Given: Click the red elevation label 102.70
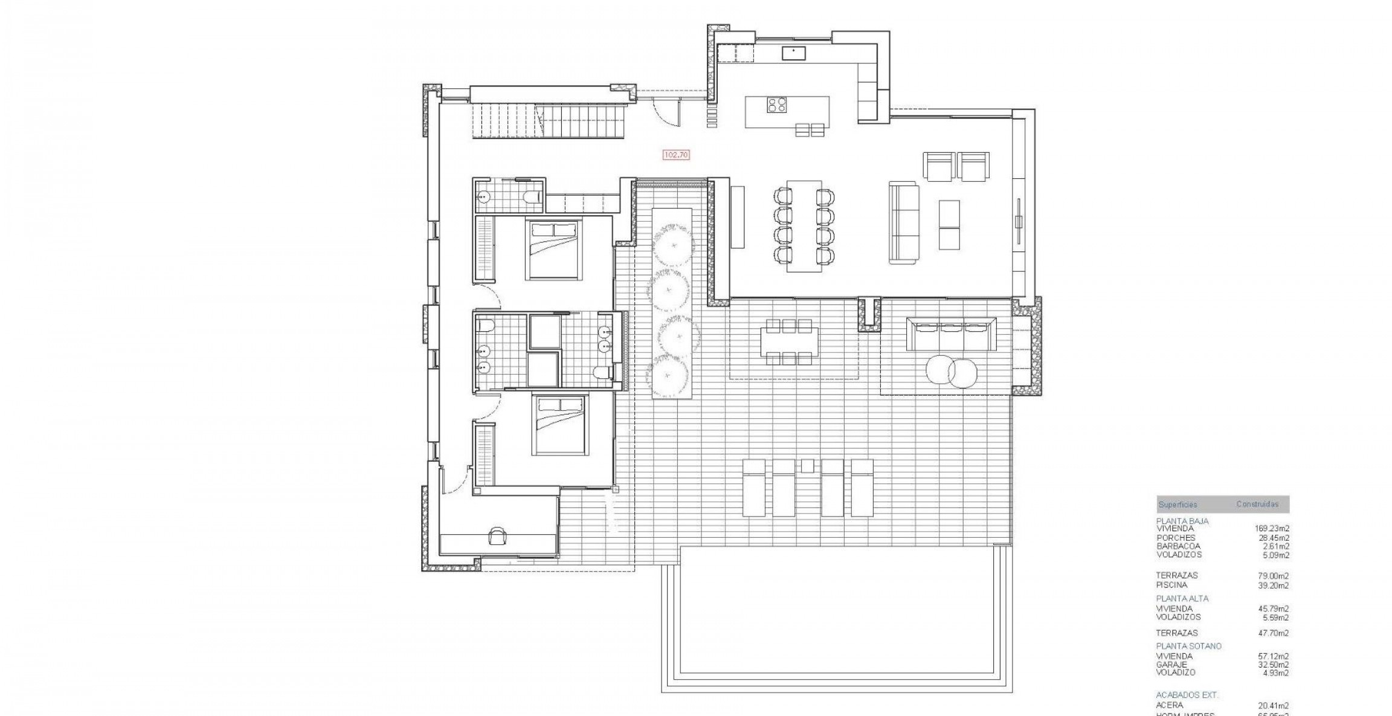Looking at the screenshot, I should pos(676,155).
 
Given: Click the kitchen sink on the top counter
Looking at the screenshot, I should pos(793,53).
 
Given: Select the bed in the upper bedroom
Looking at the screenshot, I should pos(555,250).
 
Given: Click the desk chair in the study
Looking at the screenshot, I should pos(498,533).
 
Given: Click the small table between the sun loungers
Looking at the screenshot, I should pos(807,465).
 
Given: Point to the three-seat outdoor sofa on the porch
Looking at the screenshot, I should pos(951,334).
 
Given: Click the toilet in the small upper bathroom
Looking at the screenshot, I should pos(531,198).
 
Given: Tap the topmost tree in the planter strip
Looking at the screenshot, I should pos(672,244).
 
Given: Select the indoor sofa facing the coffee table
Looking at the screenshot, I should pos(903,223).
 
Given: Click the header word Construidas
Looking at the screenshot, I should pos(1257,504).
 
